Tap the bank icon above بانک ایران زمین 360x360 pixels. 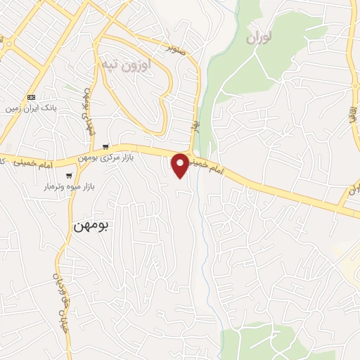click(31, 97)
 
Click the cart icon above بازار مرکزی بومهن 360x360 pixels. click(105, 147)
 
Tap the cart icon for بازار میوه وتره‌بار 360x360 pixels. click(68, 176)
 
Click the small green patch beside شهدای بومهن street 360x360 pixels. click(68, 87)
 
